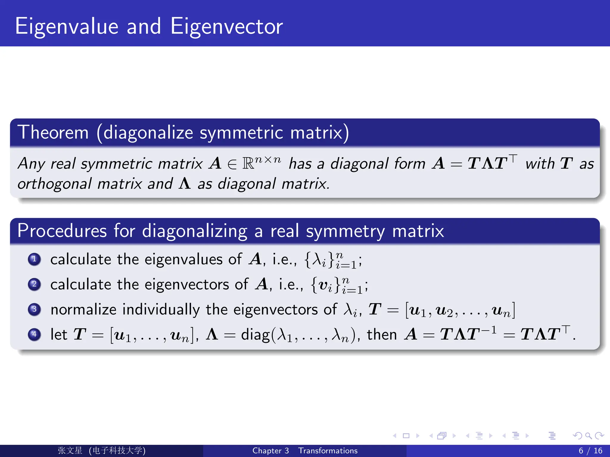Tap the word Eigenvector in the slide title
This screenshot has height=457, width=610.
[x=226, y=27]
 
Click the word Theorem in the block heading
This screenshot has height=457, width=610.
[x=53, y=132]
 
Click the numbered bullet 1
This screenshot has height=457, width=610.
[x=34, y=259]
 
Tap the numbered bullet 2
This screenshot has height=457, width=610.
[x=34, y=284]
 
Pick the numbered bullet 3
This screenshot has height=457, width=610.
[x=34, y=309]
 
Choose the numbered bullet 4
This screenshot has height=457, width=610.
[x=34, y=334]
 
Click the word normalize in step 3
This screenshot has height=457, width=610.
[x=83, y=309]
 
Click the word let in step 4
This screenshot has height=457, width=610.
[x=59, y=334]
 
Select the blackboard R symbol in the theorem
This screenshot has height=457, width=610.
[x=248, y=163]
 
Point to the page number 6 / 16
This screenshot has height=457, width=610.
[x=590, y=451]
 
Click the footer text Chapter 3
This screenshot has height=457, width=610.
[x=270, y=451]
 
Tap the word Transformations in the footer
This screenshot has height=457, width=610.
[x=328, y=451]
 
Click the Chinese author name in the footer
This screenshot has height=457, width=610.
[x=70, y=450]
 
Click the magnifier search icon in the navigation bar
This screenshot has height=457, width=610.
[x=588, y=436]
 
